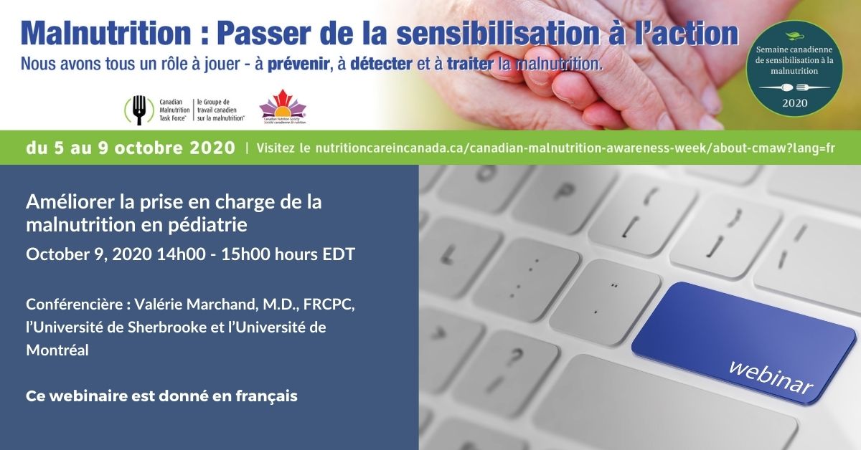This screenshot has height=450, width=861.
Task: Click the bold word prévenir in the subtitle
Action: (x=304, y=64)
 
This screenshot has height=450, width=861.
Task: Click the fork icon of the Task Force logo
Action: (x=139, y=110)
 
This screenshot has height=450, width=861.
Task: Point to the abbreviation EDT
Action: (x=339, y=254)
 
